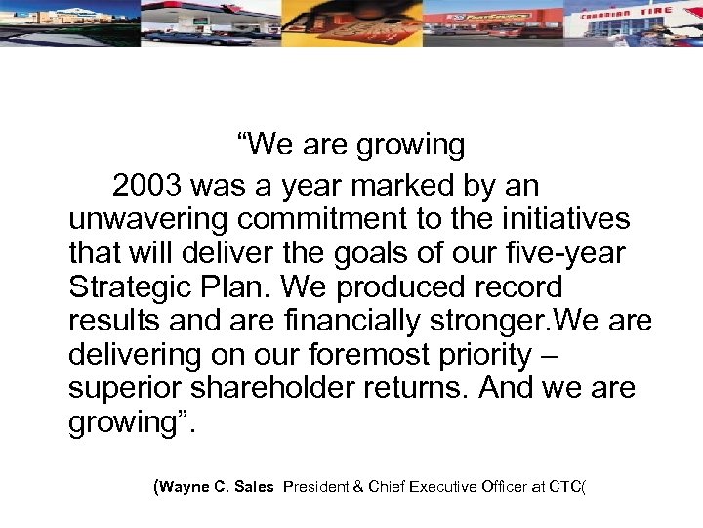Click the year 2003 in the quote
tap(146, 185)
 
